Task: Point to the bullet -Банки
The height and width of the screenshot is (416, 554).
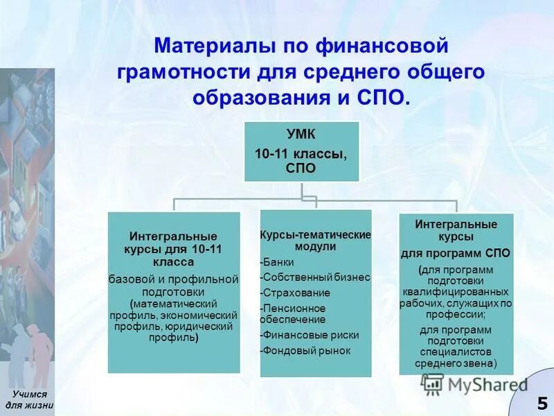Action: click(x=277, y=262)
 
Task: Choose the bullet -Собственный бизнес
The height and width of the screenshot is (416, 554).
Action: click(x=315, y=277)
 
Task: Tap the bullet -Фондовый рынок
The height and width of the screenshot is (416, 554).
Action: click(x=305, y=350)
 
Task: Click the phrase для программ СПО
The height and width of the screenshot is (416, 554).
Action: click(x=456, y=254)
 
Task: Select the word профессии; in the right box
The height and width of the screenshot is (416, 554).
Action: click(x=456, y=314)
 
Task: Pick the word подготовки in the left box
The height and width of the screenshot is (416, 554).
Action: click(x=172, y=292)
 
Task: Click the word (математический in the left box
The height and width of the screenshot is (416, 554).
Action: click(x=174, y=304)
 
